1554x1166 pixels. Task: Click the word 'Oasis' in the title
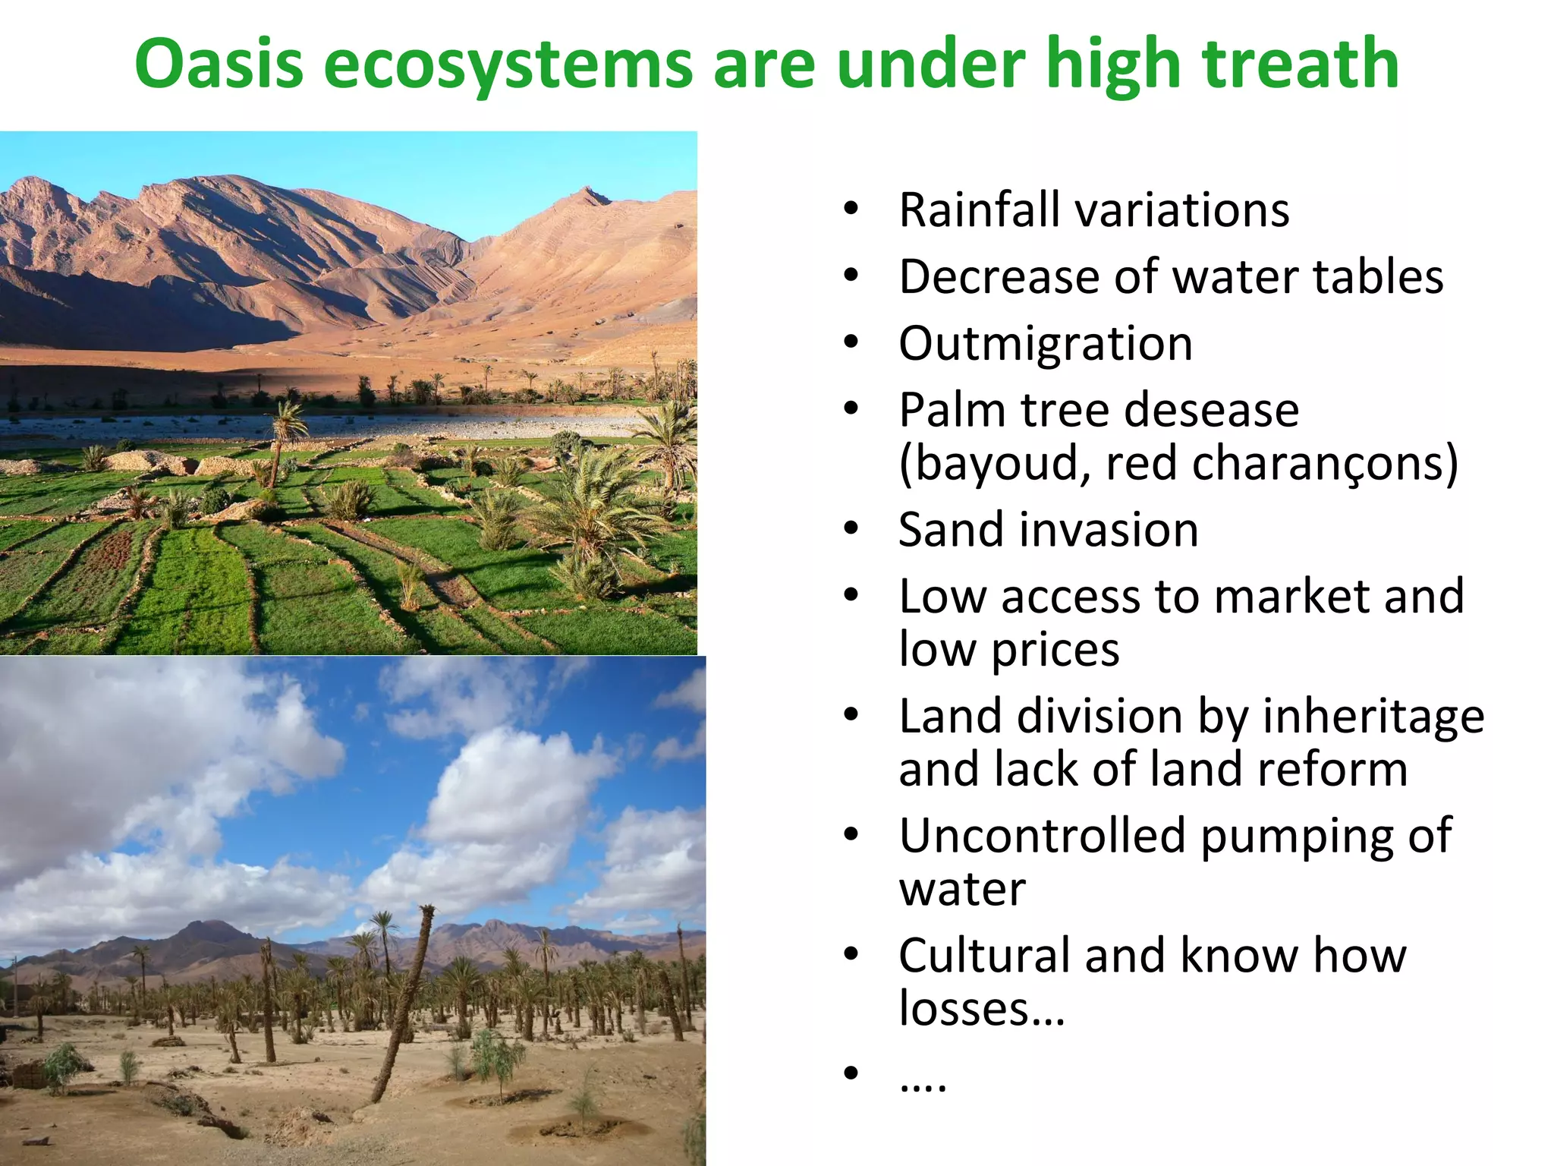point(219,64)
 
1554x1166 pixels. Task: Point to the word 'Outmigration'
point(1046,343)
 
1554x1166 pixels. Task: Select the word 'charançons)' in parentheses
point(1325,463)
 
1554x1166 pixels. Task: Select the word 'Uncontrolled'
point(1042,835)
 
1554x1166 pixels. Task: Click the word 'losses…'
point(982,1009)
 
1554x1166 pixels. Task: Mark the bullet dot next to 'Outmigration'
point(851,343)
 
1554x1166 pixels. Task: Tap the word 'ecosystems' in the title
point(508,64)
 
